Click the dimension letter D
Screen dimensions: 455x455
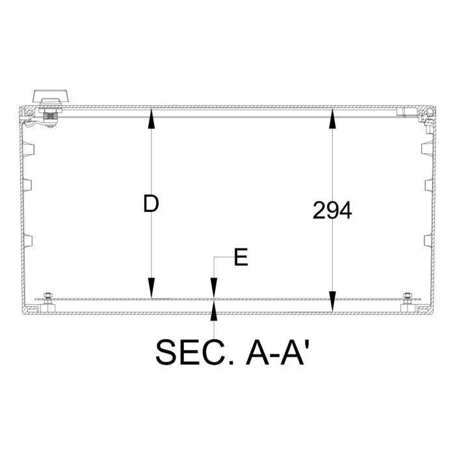click(x=151, y=204)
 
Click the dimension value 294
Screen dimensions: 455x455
click(x=332, y=211)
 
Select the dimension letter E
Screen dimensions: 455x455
click(x=240, y=259)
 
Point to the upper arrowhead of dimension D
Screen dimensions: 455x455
click(x=151, y=117)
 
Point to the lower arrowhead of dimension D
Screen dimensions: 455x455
click(x=151, y=290)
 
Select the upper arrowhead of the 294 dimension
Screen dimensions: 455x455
click(x=332, y=117)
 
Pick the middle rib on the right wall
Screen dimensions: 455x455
click(x=428, y=185)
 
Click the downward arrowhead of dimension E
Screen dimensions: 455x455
click(x=214, y=291)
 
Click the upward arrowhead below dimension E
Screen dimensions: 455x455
click(x=214, y=310)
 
